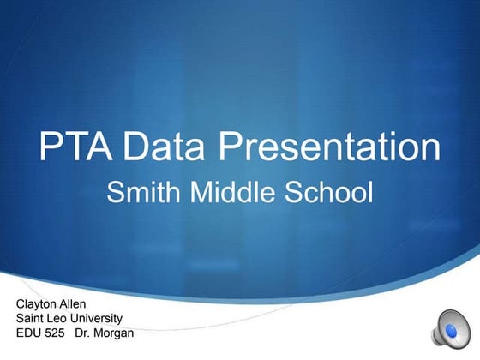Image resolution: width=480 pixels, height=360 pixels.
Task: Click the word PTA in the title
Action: click(x=76, y=147)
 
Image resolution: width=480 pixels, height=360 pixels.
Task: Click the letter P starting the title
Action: click(x=50, y=147)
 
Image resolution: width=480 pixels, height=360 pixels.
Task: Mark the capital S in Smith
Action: click(x=113, y=193)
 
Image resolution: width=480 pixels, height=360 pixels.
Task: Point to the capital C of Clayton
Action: click(x=21, y=304)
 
